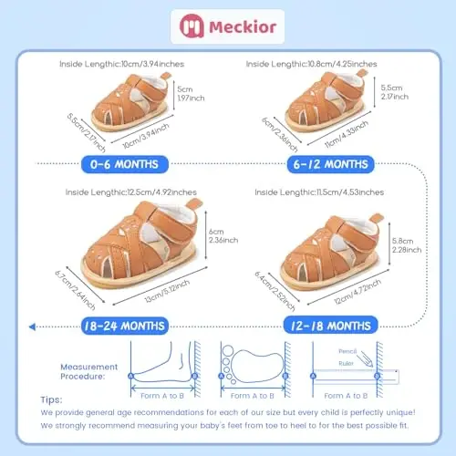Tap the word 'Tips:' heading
click(x=53, y=399)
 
